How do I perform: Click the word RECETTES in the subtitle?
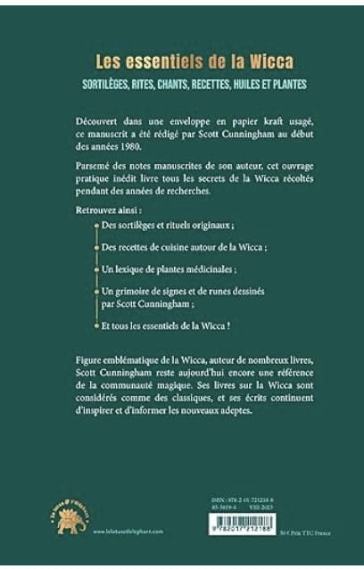[206, 85]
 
